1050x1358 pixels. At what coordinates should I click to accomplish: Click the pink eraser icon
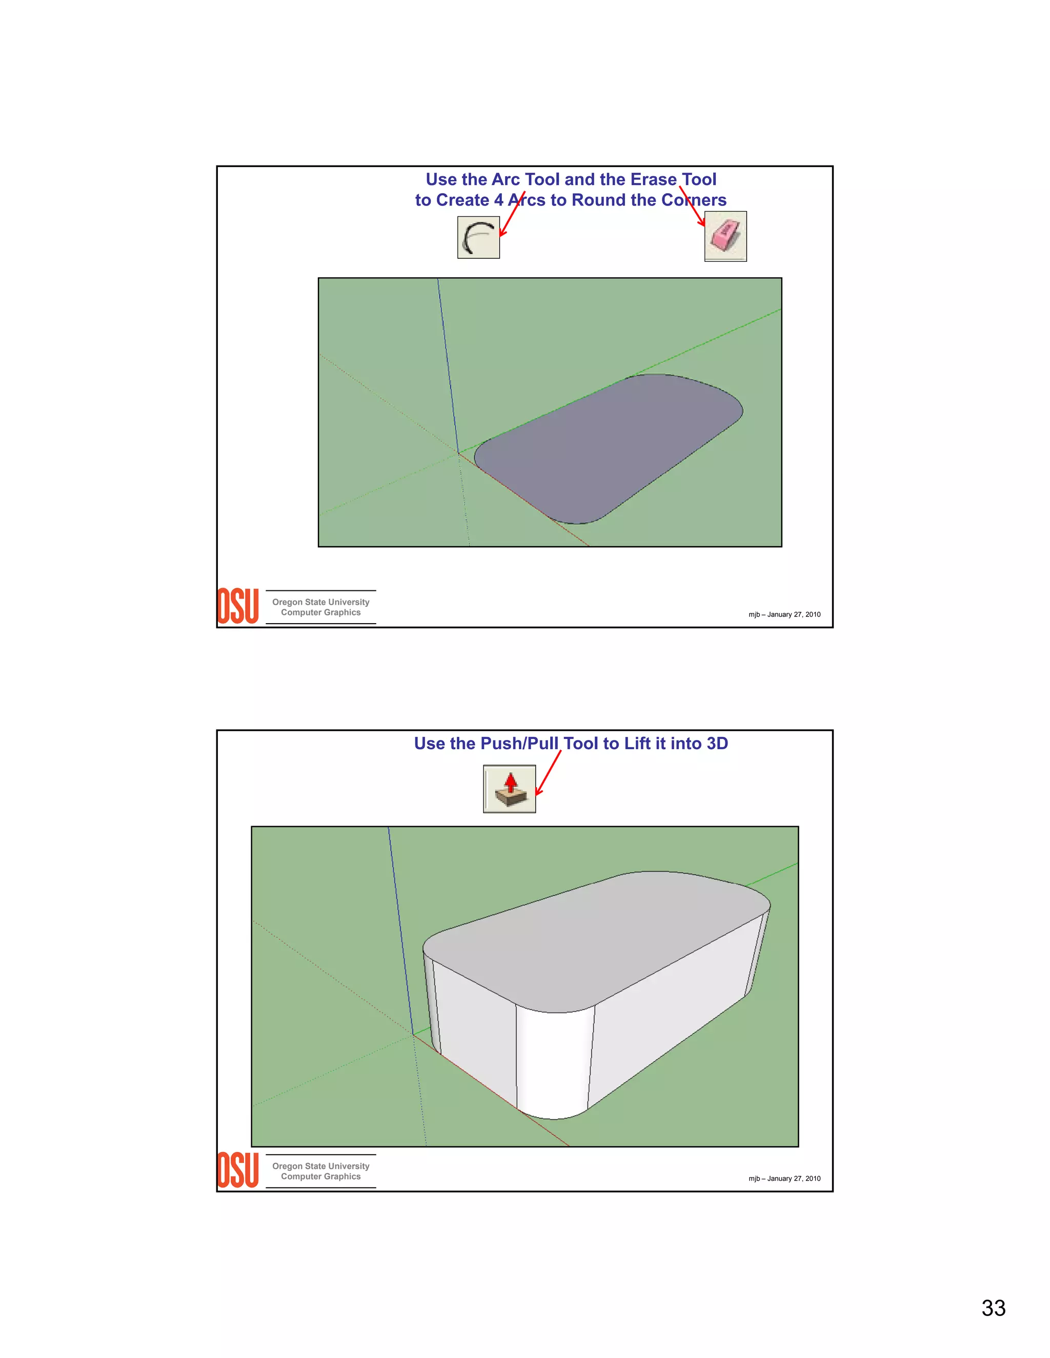pyautogui.click(x=725, y=236)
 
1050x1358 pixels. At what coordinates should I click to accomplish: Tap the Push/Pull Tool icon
pyautogui.click(x=510, y=789)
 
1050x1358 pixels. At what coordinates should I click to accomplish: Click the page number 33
pyautogui.click(x=994, y=1308)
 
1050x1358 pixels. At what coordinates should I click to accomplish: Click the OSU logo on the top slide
pyautogui.click(x=237, y=606)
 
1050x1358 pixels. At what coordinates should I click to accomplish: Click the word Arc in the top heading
pyautogui.click(x=506, y=180)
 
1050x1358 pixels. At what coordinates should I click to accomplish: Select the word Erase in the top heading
pyautogui.click(x=653, y=180)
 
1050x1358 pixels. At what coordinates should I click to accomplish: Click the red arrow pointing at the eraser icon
pyautogui.click(x=692, y=207)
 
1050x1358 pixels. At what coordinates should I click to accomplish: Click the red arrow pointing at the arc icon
pyautogui.click(x=513, y=215)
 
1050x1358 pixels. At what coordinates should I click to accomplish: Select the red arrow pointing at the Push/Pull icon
pyautogui.click(x=548, y=773)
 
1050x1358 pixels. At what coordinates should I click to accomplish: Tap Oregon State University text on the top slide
pyautogui.click(x=320, y=602)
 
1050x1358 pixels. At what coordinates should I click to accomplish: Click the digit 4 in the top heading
pyautogui.click(x=498, y=200)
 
